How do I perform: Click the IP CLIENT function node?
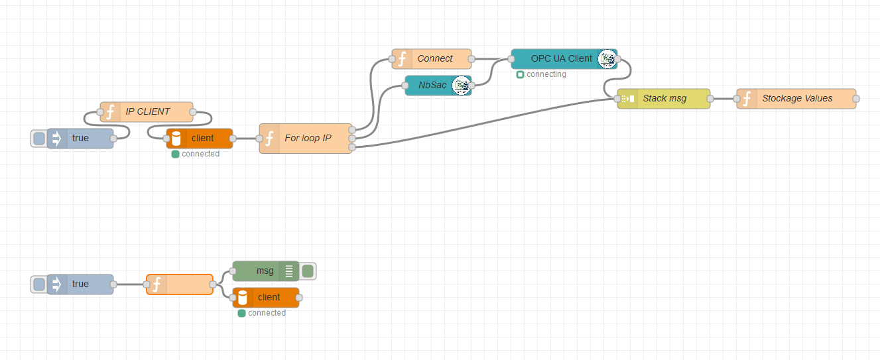coord(147,111)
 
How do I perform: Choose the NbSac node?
coord(432,85)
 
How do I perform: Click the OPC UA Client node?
coord(561,58)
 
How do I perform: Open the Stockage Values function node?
coord(796,98)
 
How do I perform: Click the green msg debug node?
coord(265,270)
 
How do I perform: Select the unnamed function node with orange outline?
coord(180,284)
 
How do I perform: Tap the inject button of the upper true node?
coord(39,139)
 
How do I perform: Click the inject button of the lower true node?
coord(39,284)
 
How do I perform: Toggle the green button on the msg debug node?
coord(308,270)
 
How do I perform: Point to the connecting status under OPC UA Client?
coord(542,74)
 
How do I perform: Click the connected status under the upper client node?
coord(196,154)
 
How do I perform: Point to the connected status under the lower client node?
coord(262,313)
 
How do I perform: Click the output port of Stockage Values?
coord(856,99)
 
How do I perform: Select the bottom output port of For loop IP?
coord(351,147)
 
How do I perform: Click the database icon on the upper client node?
coord(176,139)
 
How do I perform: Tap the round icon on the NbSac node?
coord(461,85)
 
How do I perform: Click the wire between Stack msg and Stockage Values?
coord(723,99)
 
